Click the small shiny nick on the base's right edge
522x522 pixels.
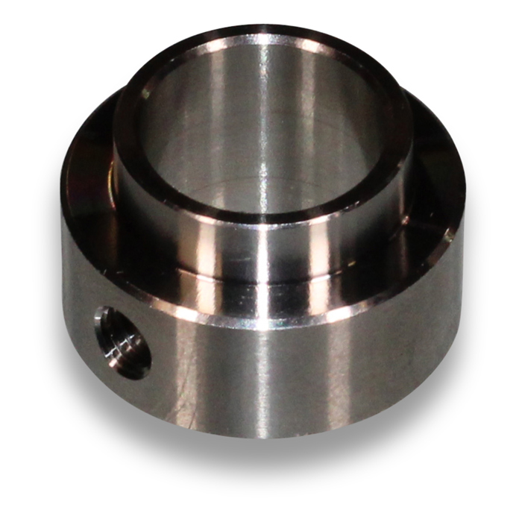point(450,237)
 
